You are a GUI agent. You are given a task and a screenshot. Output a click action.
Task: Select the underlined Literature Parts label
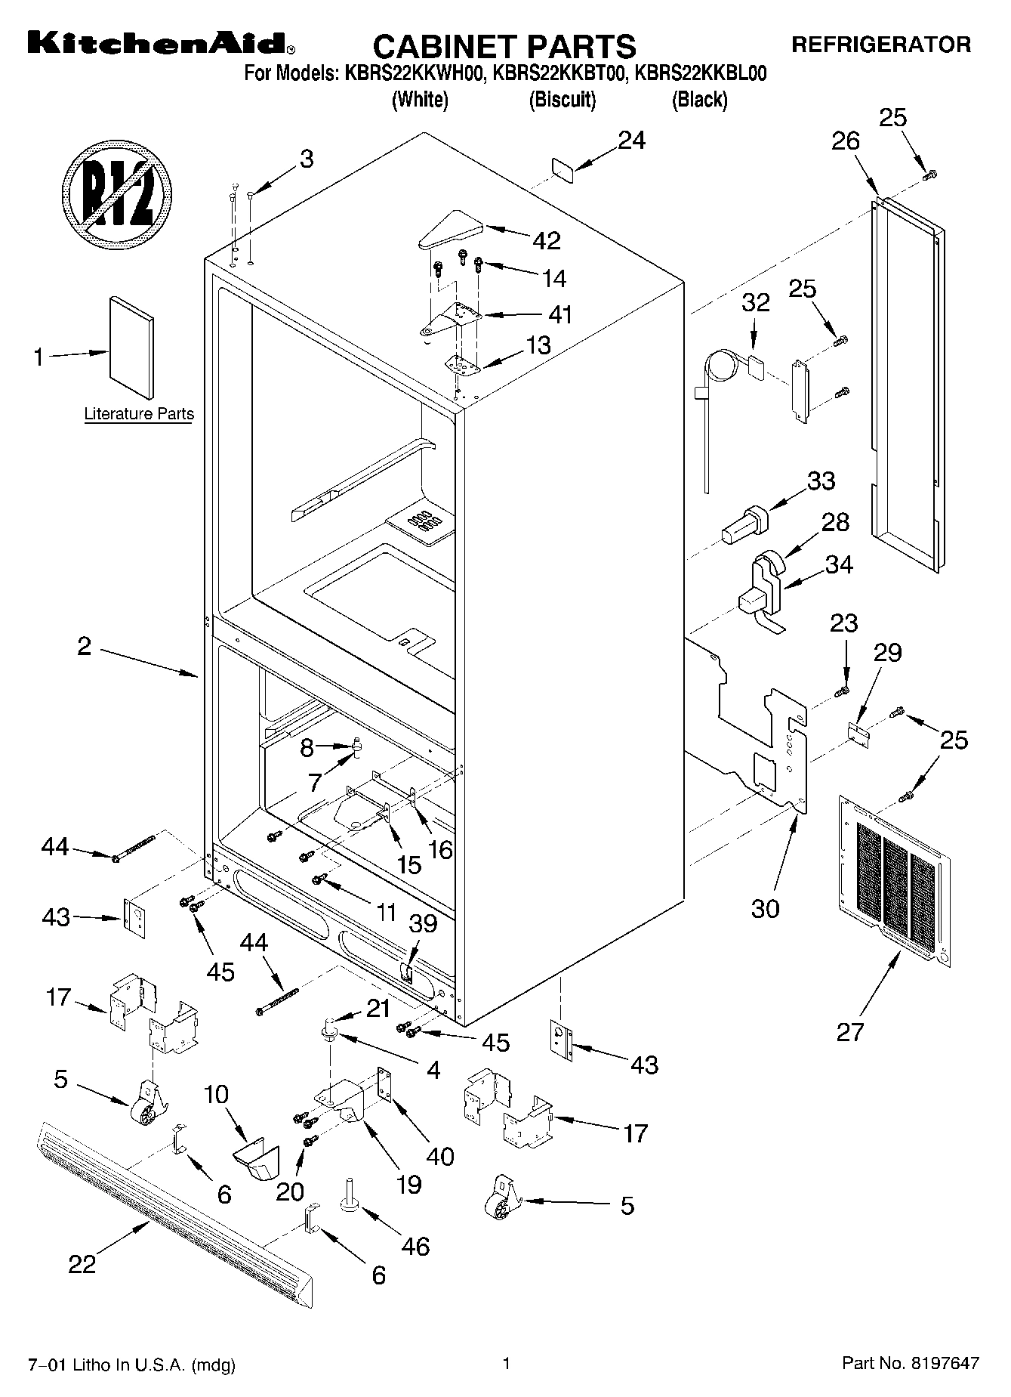[x=139, y=413]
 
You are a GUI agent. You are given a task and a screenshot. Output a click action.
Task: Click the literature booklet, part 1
[x=133, y=346]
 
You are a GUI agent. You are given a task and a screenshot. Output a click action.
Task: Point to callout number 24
[x=632, y=141]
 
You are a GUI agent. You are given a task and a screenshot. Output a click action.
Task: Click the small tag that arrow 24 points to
[x=563, y=170]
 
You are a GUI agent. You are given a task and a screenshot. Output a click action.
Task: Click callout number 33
[x=821, y=481]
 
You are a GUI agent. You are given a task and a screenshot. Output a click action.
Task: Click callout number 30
[x=765, y=907]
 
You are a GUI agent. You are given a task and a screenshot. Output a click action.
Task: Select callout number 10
[x=217, y=1094]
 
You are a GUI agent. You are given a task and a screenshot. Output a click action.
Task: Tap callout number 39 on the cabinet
[x=423, y=923]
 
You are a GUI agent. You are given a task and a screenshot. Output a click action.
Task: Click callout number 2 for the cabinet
[x=84, y=646]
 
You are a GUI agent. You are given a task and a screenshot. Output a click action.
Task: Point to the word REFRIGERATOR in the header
[x=880, y=45]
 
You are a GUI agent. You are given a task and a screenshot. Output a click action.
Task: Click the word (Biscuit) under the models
[x=563, y=99]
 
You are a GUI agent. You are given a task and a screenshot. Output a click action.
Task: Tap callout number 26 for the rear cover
[x=846, y=141]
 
